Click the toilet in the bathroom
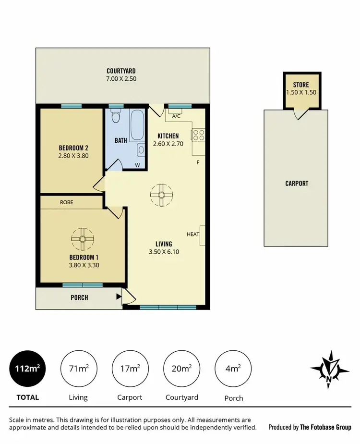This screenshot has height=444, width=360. (115, 117)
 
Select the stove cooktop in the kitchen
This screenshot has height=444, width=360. (199, 135)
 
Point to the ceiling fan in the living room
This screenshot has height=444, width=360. (161, 195)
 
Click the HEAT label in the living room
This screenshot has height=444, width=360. (193, 234)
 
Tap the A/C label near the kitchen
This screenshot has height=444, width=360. (176, 116)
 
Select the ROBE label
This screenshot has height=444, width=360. (67, 202)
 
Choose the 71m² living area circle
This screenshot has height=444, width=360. (79, 369)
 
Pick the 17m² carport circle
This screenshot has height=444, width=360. (130, 369)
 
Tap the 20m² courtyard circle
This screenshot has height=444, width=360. (181, 369)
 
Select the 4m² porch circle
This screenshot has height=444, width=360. (233, 369)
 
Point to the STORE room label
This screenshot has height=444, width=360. (301, 85)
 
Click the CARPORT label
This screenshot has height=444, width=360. (297, 183)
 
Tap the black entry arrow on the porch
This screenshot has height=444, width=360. (118, 297)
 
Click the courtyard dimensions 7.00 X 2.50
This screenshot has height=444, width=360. (121, 78)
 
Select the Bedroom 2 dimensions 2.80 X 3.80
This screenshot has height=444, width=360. (73, 155)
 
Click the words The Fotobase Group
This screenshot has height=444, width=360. (326, 427)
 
